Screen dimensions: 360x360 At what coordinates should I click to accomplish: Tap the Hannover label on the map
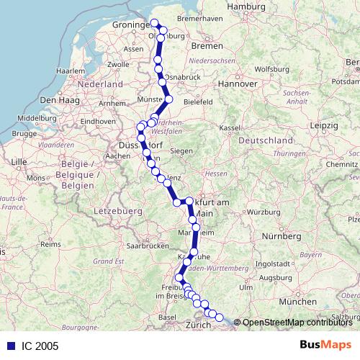pyautogui.click(x=238, y=84)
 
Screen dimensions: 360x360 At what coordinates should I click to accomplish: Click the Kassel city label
pyautogui.click(x=229, y=127)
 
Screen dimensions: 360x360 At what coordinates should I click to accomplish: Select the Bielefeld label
pyautogui.click(x=197, y=103)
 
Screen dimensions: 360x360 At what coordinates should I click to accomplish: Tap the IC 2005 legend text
pyautogui.click(x=35, y=346)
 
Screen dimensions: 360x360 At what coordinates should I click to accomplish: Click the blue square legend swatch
pyautogui.click(x=11, y=346)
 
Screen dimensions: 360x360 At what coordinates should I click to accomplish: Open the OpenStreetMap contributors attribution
pyautogui.click(x=297, y=323)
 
